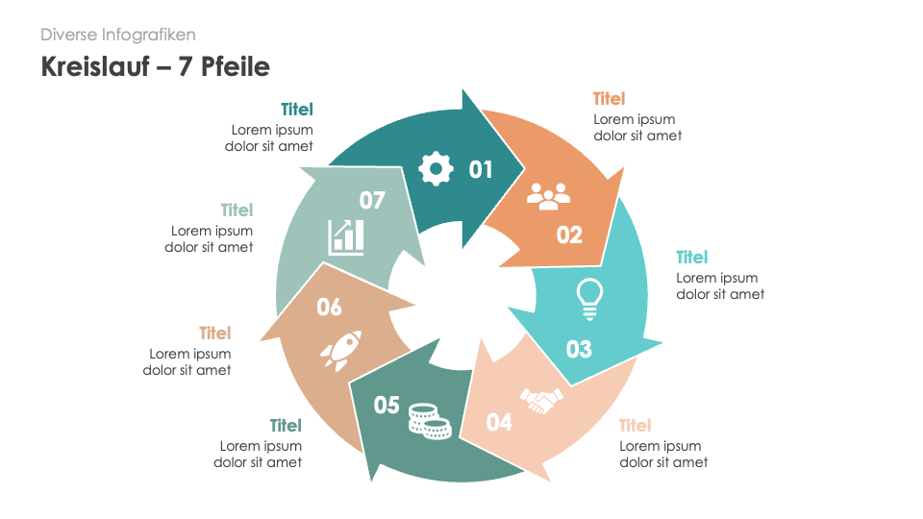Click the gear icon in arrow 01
[x=436, y=169]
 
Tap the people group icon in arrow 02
[x=548, y=196]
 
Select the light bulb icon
[x=588, y=298]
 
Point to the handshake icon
[x=541, y=400]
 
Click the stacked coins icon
[x=429, y=420]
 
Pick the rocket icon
[x=340, y=351]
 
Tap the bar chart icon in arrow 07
[x=346, y=236]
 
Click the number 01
[x=481, y=170]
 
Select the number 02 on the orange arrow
[x=569, y=235]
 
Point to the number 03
[x=579, y=349]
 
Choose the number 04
[x=499, y=421]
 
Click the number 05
[x=387, y=406]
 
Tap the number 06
[x=329, y=307]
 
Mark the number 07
[x=372, y=200]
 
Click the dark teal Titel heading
[x=297, y=110]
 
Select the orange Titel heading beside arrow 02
[x=609, y=99]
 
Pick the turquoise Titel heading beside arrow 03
[x=691, y=257]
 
